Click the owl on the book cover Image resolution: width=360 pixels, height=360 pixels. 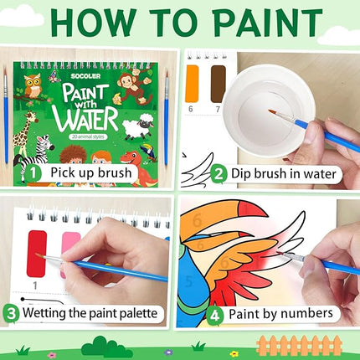(x=33, y=85)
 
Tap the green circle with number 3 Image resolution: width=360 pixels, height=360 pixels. (x=11, y=314)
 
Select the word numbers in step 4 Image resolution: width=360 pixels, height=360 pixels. (x=305, y=314)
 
